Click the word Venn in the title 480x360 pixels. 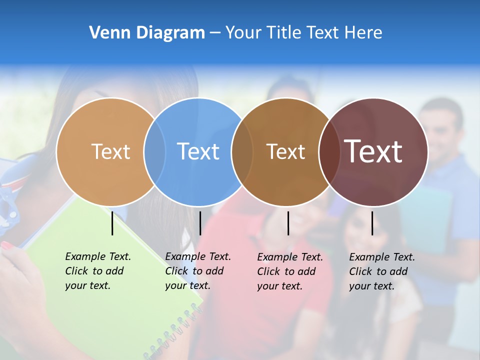point(106,33)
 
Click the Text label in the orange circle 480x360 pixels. point(110,151)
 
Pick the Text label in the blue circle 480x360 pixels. point(198,151)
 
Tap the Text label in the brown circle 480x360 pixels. point(285,151)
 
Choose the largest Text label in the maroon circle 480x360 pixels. point(373,151)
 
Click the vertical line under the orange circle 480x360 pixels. point(112,223)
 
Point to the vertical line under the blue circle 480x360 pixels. point(200,223)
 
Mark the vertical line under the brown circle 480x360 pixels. point(288,223)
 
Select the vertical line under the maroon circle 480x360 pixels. point(372,223)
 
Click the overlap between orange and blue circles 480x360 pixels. point(154,152)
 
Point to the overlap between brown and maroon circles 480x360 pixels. point(329,152)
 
